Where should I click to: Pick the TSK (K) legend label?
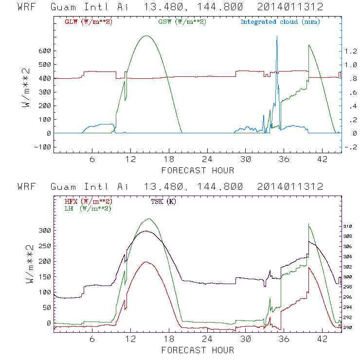point(162,201)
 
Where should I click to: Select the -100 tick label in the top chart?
point(42,146)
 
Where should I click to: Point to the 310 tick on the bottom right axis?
point(348,227)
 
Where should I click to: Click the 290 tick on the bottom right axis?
point(348,327)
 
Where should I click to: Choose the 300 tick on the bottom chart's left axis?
point(45,230)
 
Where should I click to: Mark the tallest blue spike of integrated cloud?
point(277,37)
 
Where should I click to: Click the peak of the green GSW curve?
point(146,36)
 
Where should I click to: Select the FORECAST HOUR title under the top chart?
point(198,170)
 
